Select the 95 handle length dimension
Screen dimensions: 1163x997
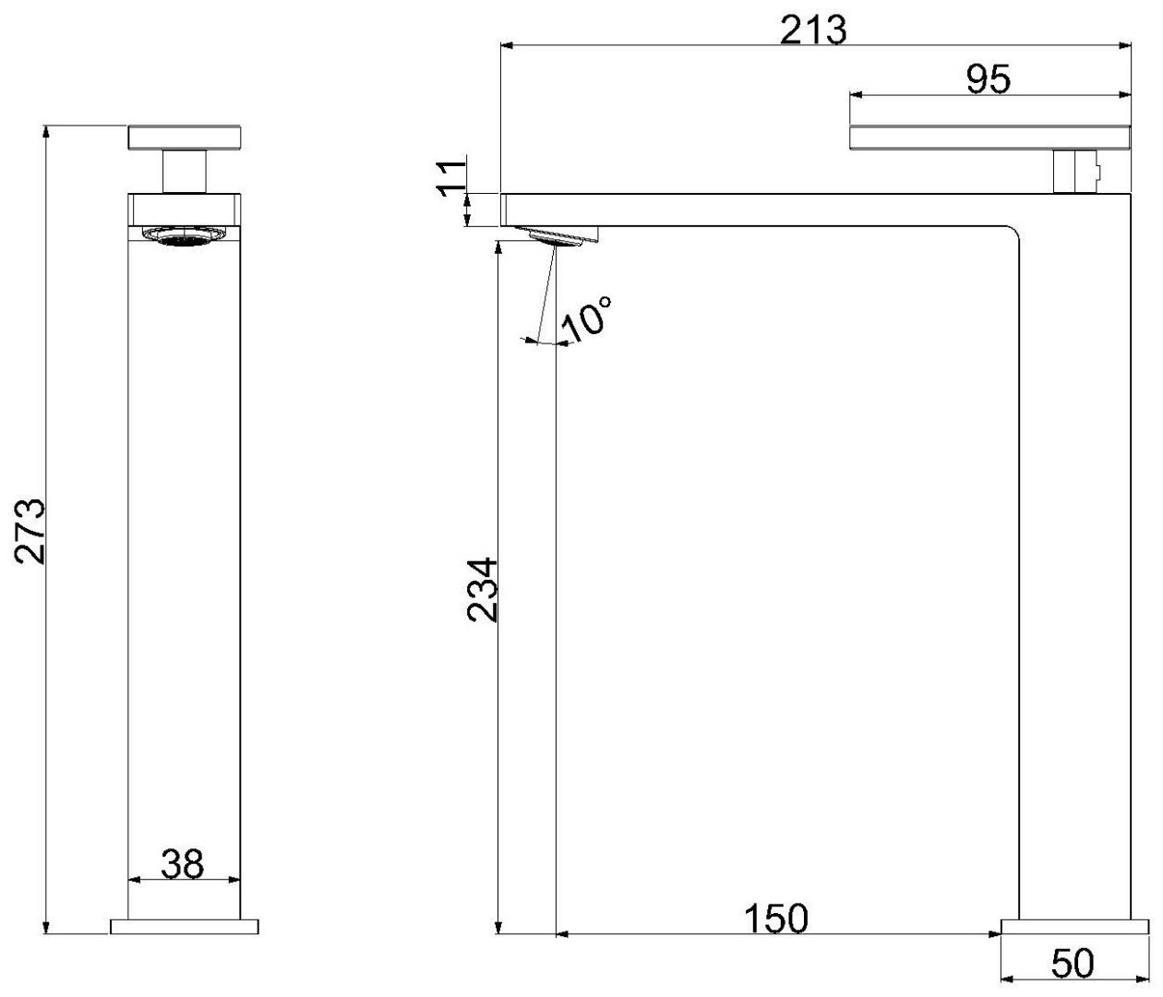point(988,79)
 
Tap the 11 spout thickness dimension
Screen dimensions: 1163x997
point(451,178)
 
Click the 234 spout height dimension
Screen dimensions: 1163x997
point(483,590)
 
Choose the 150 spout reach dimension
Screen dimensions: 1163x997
point(776,919)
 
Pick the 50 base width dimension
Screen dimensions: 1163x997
point(1073,963)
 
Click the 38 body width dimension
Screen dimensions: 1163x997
point(183,865)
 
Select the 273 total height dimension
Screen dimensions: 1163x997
point(30,531)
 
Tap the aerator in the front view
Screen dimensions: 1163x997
point(185,235)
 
